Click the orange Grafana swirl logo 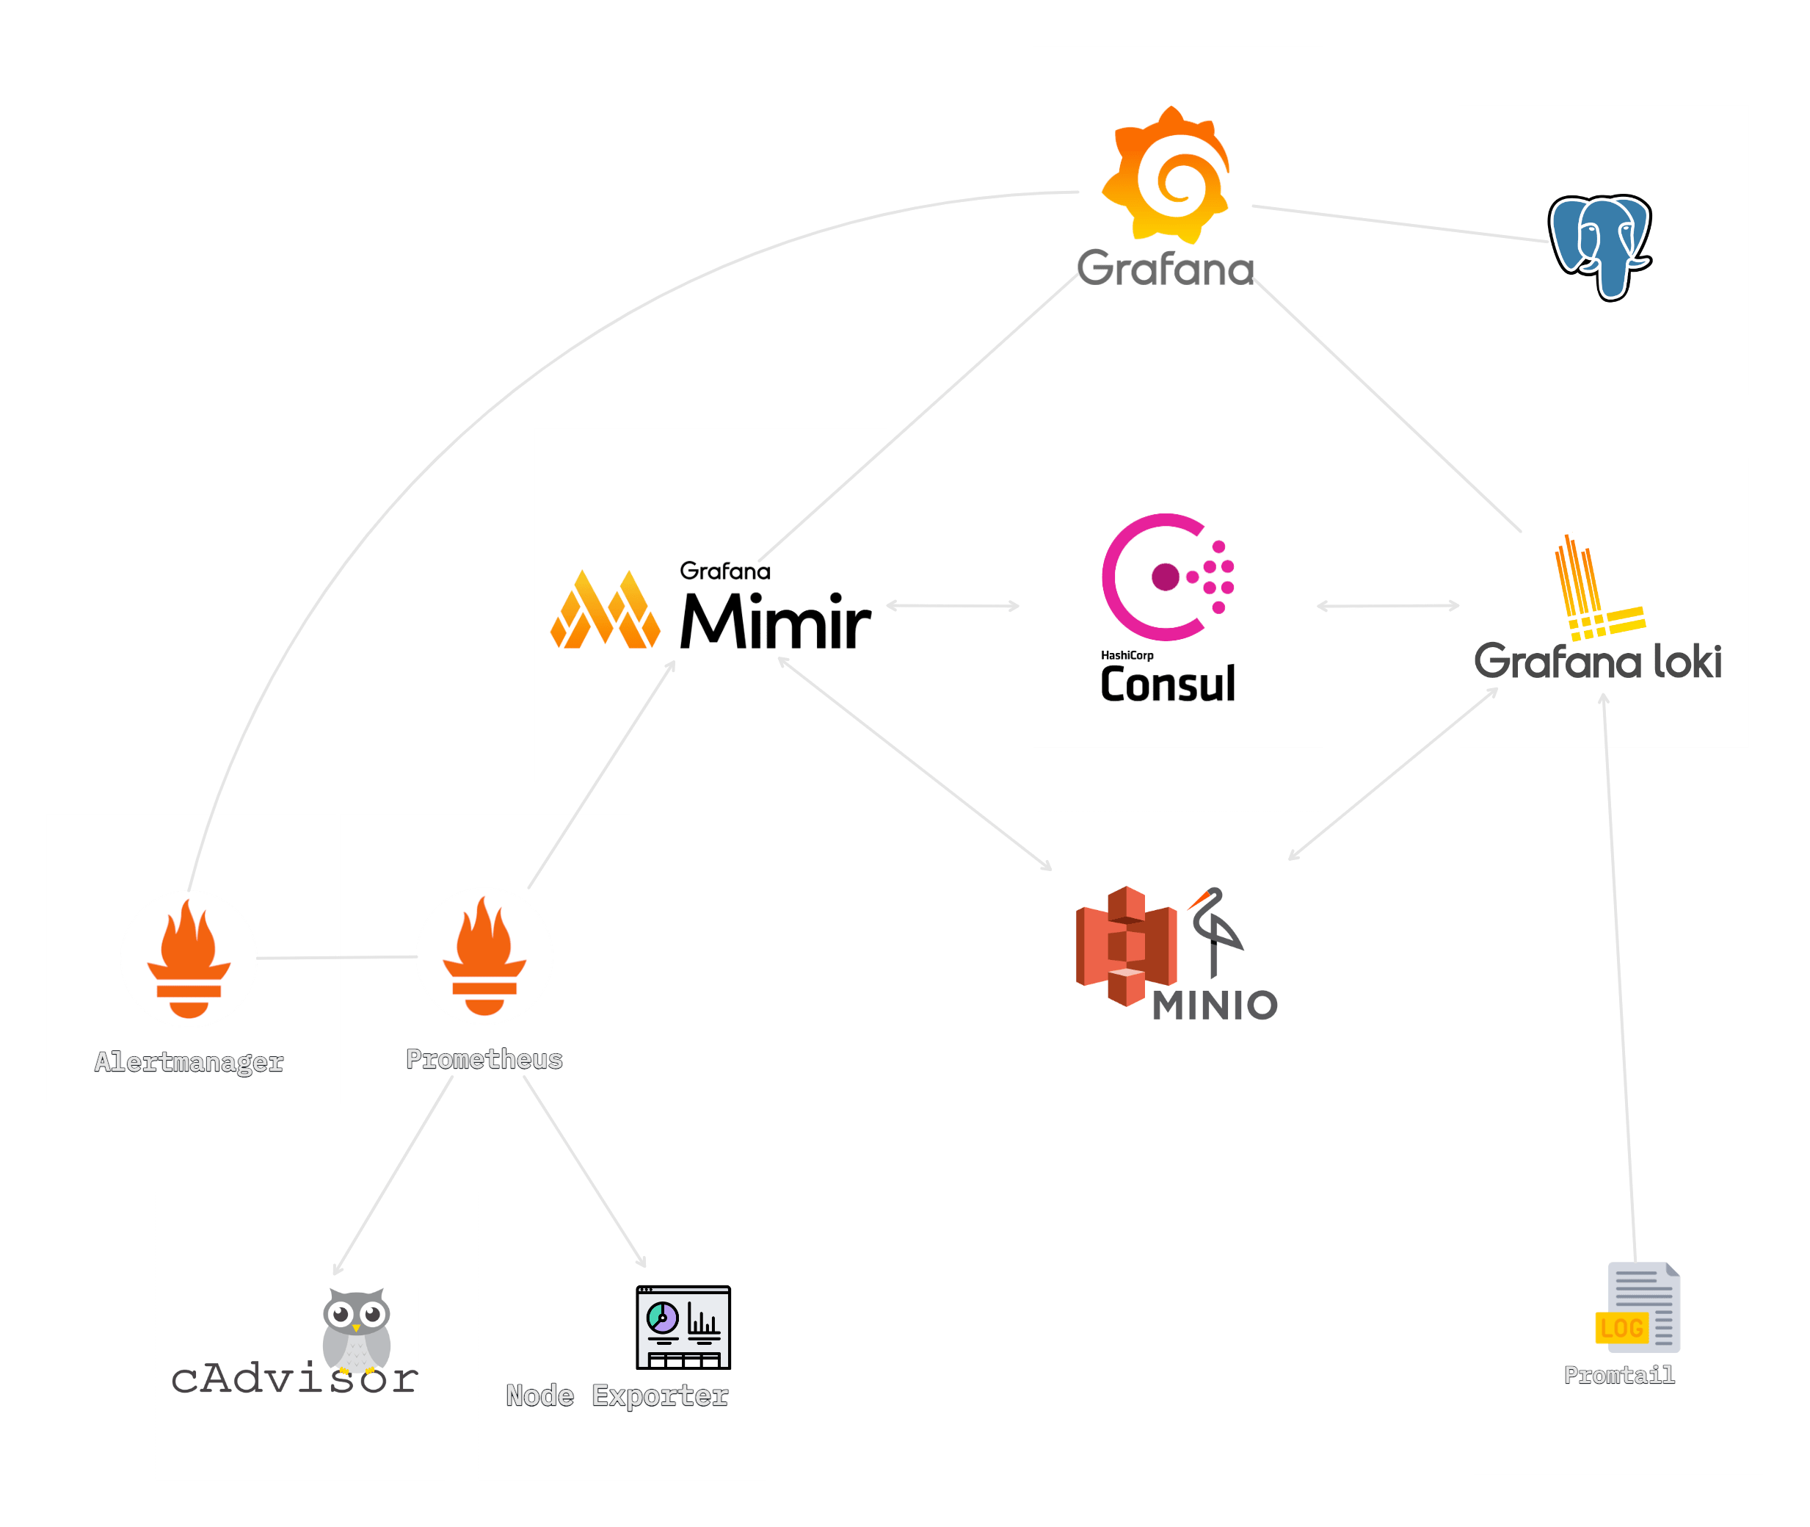tap(1166, 175)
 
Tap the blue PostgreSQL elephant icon tap(1601, 247)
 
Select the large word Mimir tap(774, 622)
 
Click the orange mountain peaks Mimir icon tap(605, 610)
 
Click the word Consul tap(1167, 685)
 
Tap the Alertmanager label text tap(189, 1062)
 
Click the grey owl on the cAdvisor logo tap(357, 1329)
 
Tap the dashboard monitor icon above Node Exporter tap(683, 1327)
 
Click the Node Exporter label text tap(617, 1396)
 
